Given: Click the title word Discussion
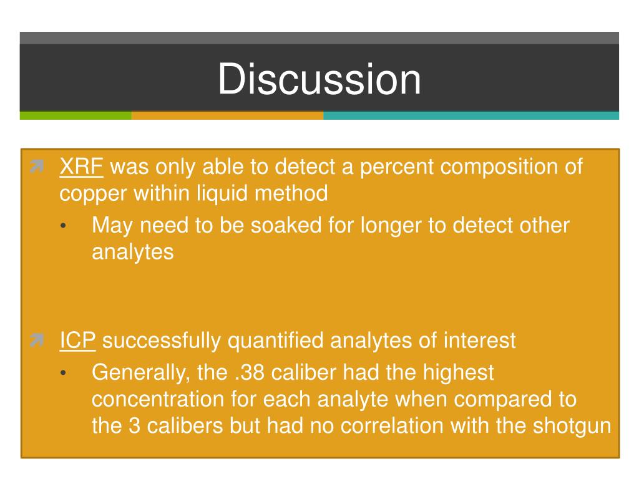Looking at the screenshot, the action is [319, 79].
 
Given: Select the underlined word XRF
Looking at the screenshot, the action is [81, 167].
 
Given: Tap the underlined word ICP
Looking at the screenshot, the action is [77, 341].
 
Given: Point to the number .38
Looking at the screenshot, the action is [250, 373].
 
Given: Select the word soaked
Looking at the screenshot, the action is [286, 225].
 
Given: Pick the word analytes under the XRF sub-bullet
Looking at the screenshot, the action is [133, 253].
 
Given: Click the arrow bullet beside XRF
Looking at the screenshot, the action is [37, 166].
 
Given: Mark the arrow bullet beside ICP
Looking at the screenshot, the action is [37, 340].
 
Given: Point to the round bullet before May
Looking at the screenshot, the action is [63, 226].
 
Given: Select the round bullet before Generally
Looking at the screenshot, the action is [63, 373].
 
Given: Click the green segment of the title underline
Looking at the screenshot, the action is [76, 115].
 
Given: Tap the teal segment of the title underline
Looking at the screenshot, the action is [471, 115].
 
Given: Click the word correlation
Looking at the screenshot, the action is [392, 426].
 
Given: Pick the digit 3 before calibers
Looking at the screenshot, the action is [135, 426].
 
